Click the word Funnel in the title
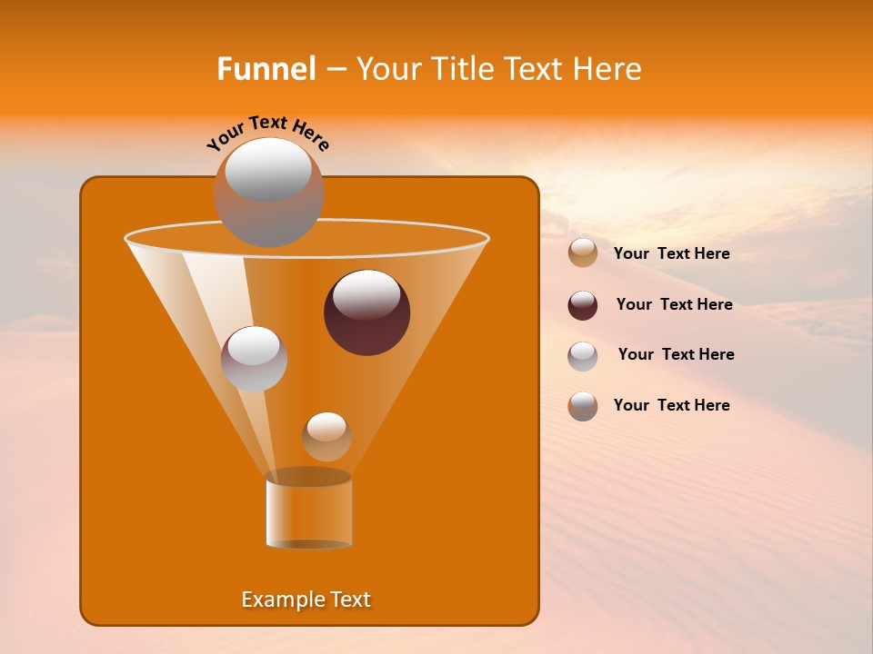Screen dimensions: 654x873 tap(266, 69)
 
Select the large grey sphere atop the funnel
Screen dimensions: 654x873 tap(268, 193)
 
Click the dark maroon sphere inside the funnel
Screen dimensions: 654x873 tap(367, 312)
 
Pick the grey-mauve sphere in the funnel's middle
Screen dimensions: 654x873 tap(254, 359)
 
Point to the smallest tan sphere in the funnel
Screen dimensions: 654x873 tap(326, 436)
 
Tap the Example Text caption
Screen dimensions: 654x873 tap(306, 599)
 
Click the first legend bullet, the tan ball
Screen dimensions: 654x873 tap(583, 253)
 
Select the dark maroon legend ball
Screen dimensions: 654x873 tap(583, 305)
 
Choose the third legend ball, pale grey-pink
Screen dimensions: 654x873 tap(583, 356)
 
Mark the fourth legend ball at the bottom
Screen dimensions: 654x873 tap(583, 406)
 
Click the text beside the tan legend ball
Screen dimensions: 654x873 tap(671, 253)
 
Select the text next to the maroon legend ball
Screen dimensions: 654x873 tap(674, 304)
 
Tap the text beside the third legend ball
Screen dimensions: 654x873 tap(676, 354)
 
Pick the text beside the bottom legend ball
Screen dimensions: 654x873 tap(671, 405)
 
